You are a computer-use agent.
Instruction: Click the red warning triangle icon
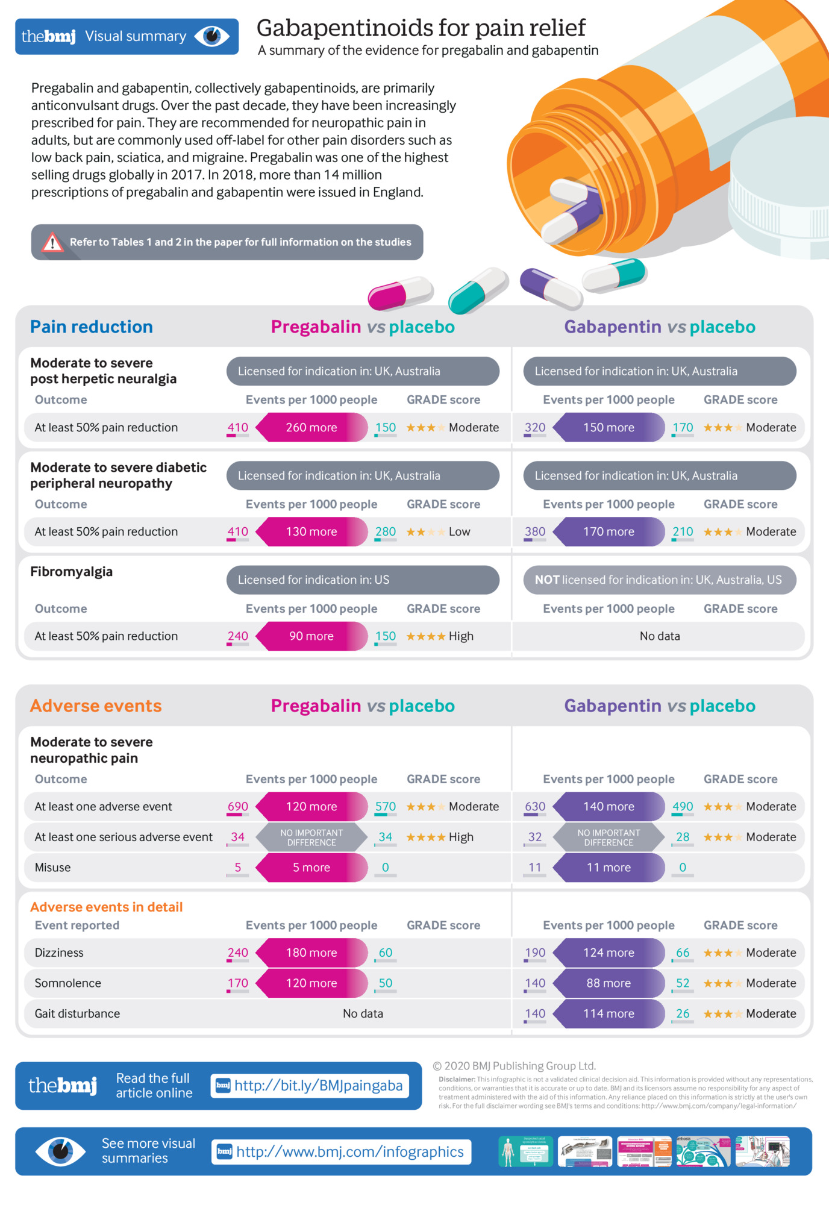(52, 242)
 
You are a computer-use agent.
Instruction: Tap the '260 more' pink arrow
(311, 427)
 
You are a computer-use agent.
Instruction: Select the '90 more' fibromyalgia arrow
(311, 636)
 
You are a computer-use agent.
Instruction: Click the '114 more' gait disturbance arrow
(608, 1013)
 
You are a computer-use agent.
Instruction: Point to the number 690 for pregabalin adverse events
(238, 806)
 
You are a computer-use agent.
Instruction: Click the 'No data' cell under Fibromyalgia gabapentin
(660, 636)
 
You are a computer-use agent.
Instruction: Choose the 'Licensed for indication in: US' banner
(363, 580)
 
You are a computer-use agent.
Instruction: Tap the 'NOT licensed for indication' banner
(660, 580)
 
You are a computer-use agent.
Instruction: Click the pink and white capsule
(400, 292)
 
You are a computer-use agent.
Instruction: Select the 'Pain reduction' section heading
(92, 327)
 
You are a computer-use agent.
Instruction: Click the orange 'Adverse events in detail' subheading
(107, 907)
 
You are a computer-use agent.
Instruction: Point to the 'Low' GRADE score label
(459, 531)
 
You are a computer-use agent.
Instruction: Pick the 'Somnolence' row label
(68, 983)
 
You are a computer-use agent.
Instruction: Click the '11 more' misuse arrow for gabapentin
(608, 868)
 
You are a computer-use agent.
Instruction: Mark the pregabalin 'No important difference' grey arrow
(311, 837)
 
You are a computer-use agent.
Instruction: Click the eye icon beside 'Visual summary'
(212, 36)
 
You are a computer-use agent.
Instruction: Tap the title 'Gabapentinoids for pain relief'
(421, 28)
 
